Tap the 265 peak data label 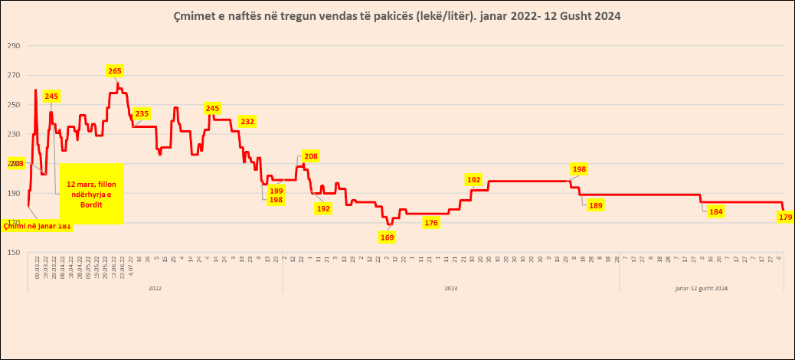coord(114,71)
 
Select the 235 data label coord(142,114)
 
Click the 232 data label coord(247,121)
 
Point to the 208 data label coord(311,156)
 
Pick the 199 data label coord(276,191)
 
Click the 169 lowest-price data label coord(388,237)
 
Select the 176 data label coord(431,223)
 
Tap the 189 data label coord(595,205)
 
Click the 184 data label coord(715,212)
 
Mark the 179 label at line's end coord(785,218)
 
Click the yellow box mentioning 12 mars coord(91,195)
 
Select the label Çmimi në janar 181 coord(38,225)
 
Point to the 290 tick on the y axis coord(13,46)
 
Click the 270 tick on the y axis coord(13,76)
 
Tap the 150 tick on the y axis coord(13,252)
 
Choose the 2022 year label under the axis coord(154,288)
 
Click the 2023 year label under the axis coord(450,288)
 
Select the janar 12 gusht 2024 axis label coord(702,288)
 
